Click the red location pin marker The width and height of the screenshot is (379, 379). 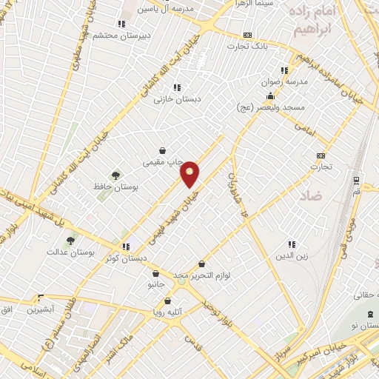coord(190,173)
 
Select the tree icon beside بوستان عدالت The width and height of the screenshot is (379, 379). coord(71,240)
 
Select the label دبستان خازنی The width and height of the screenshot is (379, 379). coord(176,98)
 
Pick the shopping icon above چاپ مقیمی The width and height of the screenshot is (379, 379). coord(162,150)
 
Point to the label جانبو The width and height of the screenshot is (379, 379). coord(155,284)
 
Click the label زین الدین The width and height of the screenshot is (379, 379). coord(290,255)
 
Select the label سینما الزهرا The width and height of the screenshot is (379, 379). coord(252,4)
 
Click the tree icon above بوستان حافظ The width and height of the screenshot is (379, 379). coord(115,175)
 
